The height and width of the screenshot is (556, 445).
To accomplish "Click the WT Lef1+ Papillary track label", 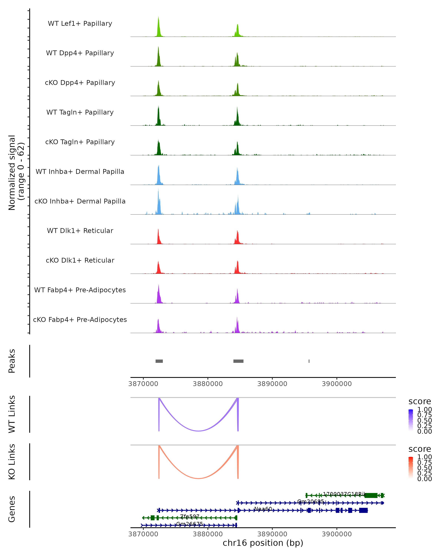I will [x=80, y=24].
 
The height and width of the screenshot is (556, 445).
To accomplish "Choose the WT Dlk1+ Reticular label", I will [x=80, y=231].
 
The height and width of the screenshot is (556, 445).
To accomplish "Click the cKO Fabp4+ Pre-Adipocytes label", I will [x=80, y=320].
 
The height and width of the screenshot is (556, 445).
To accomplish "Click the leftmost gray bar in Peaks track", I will [x=159, y=361].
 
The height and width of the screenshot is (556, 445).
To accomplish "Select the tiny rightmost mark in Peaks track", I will [x=309, y=361].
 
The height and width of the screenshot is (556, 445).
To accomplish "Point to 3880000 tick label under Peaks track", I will [x=208, y=384].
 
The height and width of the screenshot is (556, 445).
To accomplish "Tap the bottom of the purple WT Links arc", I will [x=198, y=431].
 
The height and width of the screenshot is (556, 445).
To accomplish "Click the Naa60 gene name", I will [x=263, y=509].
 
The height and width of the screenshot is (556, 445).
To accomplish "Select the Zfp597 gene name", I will [x=190, y=516].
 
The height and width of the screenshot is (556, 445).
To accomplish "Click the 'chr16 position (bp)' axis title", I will [x=263, y=543].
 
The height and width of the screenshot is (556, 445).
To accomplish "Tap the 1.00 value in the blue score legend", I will [x=424, y=410].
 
